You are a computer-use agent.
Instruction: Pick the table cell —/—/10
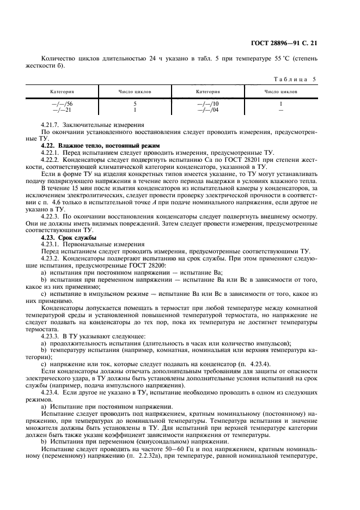click(211, 102)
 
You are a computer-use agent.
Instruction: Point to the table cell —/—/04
click(211, 109)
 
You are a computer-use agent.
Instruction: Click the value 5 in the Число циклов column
click(135, 102)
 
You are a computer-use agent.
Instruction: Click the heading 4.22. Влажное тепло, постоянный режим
click(100, 145)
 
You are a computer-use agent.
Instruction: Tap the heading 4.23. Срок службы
click(68, 238)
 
